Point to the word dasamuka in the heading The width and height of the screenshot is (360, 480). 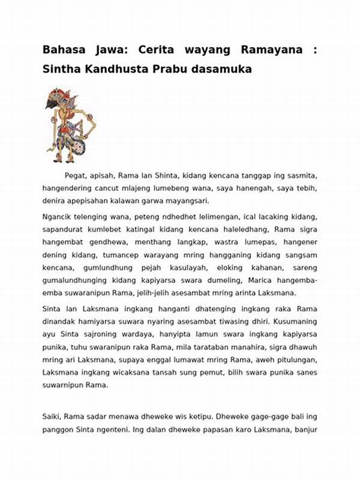coord(221,69)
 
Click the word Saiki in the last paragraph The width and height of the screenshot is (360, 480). coord(53,416)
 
